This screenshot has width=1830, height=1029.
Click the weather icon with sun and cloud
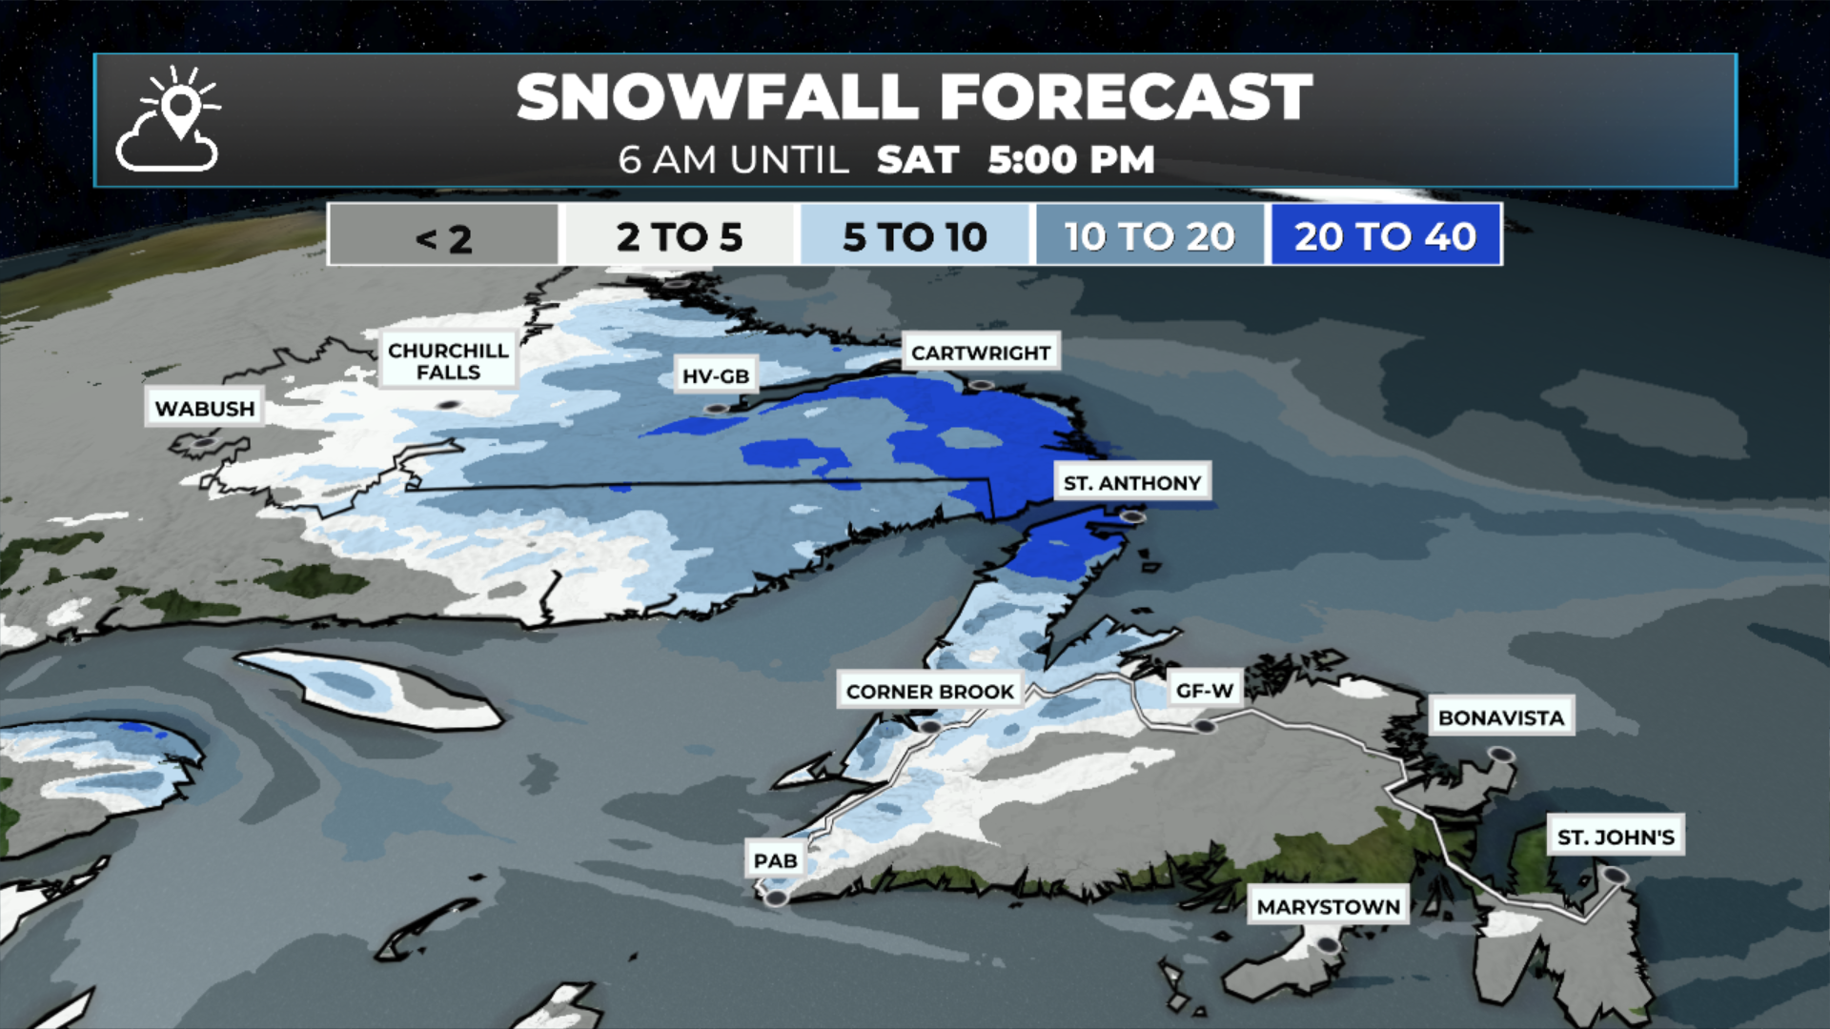click(x=169, y=119)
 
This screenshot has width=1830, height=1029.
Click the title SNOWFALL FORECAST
click(x=914, y=97)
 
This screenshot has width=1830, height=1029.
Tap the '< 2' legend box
click(x=443, y=235)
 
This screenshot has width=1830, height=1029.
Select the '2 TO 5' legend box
click(x=679, y=235)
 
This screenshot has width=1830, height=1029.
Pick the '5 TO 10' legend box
click(x=915, y=235)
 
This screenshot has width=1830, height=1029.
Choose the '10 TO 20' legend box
click(x=1149, y=235)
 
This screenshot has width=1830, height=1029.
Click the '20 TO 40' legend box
click(x=1385, y=235)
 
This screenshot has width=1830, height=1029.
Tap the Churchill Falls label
click(x=448, y=360)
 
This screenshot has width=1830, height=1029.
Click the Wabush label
click(x=205, y=408)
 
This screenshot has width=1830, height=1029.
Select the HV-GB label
click(x=716, y=375)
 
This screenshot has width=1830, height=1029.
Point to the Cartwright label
click(x=981, y=353)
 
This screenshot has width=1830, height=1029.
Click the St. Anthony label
click(x=1132, y=482)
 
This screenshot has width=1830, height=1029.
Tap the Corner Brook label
click(x=930, y=691)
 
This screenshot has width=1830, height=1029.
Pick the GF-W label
click(x=1205, y=689)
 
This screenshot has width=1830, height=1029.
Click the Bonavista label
click(x=1501, y=716)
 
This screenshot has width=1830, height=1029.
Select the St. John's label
click(x=1616, y=837)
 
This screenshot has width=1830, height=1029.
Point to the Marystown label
click(x=1329, y=906)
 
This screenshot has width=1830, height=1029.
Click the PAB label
click(x=775, y=860)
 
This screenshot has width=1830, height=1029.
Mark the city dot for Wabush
click(x=203, y=443)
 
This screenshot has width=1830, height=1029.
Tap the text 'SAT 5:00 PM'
click(x=1015, y=160)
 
